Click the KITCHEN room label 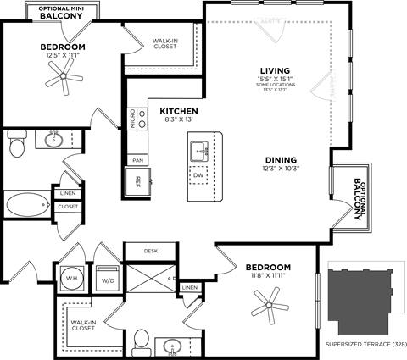179,111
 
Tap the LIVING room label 276,70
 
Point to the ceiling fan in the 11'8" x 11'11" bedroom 269,302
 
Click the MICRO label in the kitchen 133,119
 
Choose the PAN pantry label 136,158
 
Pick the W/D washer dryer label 109,281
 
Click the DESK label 151,251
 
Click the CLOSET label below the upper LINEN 69,206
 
